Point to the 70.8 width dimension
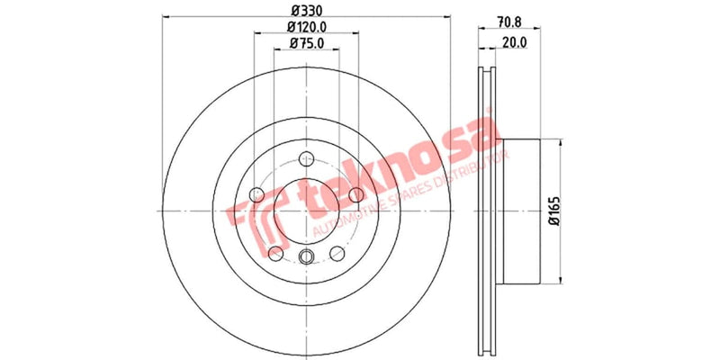pos(509,27)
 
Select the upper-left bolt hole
pos(256,193)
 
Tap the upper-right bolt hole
pos(355,193)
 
